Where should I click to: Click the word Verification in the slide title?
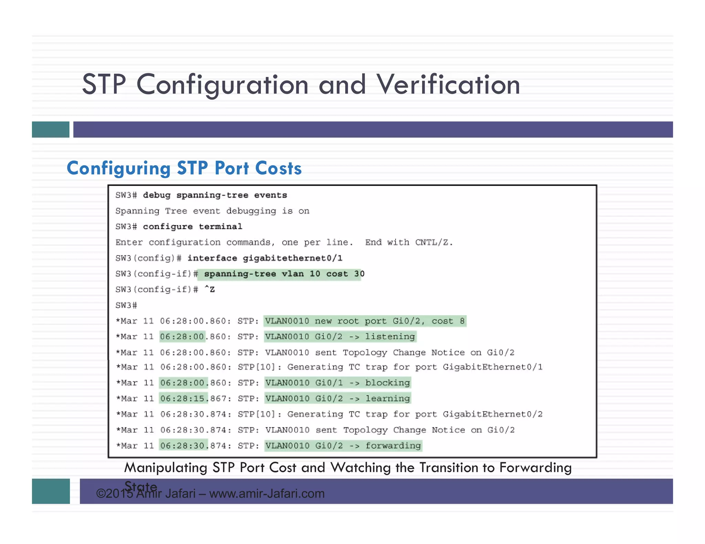[448, 85]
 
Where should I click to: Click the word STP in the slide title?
[104, 85]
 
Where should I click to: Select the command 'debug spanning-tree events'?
[215, 195]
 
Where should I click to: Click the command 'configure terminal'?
[192, 227]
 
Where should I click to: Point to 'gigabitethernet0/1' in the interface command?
[293, 258]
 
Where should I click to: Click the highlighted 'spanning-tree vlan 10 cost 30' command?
[284, 274]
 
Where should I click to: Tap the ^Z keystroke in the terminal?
[209, 290]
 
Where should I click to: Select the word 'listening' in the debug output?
[390, 337]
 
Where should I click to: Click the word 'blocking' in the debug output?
[388, 383]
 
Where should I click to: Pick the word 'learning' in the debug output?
[388, 399]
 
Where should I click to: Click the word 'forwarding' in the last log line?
[393, 446]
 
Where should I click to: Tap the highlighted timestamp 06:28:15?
[183, 399]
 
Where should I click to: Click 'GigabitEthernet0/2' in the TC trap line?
[493, 414]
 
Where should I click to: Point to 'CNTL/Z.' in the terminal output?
[434, 242]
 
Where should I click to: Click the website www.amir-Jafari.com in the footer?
[267, 494]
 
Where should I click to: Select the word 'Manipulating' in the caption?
[166, 468]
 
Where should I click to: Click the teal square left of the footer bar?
[51, 491]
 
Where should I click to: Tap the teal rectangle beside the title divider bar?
[51, 130]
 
